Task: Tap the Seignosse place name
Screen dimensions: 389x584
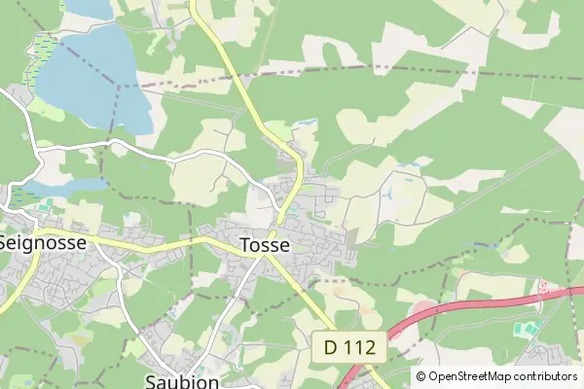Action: tap(42, 242)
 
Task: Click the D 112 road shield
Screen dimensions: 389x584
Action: tap(350, 346)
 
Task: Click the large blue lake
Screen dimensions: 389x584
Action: tap(92, 78)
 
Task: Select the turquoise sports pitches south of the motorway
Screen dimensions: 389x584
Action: tap(527, 330)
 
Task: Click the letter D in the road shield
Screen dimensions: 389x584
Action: tap(330, 346)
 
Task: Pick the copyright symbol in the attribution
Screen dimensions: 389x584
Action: tap(421, 376)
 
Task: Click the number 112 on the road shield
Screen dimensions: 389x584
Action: tap(360, 346)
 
